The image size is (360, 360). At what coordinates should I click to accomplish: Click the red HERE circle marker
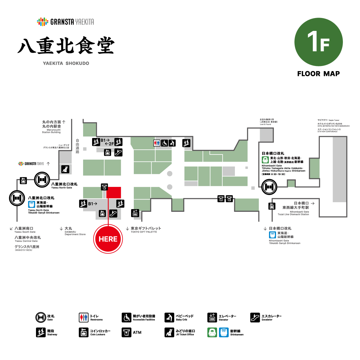point(108,239)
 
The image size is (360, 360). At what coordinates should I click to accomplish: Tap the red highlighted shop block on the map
point(114,193)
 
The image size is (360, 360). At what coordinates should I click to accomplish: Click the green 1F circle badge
point(319,42)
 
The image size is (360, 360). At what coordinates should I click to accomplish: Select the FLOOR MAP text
point(318,74)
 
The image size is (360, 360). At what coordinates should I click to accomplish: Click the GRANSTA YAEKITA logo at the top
point(65,22)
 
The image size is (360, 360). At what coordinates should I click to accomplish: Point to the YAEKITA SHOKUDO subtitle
point(66,63)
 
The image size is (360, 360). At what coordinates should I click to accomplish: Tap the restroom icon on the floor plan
point(157,143)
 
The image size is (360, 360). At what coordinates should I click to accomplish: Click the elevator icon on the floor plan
point(135,213)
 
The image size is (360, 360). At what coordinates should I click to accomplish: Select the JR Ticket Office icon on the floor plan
point(65,169)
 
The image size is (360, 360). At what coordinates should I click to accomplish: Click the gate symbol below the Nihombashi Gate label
point(269,187)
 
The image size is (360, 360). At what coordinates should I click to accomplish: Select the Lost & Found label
point(268,122)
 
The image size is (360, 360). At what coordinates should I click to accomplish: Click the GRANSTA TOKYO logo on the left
point(31,164)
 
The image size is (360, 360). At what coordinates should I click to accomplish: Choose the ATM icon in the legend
point(127,332)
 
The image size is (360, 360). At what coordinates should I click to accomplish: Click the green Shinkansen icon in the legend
point(212,332)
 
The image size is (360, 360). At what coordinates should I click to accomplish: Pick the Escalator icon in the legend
point(255,317)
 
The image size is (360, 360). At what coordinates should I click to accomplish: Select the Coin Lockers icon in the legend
point(84,332)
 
